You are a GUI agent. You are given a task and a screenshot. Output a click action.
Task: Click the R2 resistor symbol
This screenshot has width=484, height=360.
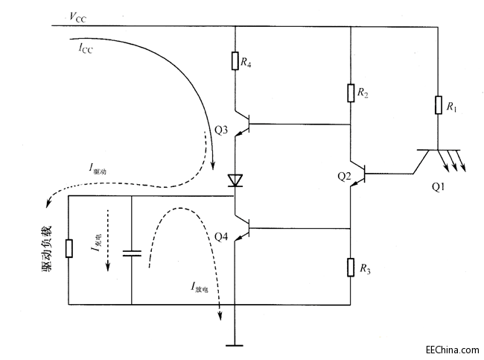(350, 92)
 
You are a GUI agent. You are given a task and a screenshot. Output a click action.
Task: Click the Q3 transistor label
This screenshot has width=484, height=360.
(221, 130)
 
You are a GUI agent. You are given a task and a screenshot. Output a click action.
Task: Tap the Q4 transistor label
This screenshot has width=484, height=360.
(221, 237)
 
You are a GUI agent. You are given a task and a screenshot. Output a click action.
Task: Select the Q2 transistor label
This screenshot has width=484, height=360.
(343, 176)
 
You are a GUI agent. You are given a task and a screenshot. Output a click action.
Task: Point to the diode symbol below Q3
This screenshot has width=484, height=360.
(235, 180)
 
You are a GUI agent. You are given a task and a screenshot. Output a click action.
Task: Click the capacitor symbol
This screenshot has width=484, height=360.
(132, 253)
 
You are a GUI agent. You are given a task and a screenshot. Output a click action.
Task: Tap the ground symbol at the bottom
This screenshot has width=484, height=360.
(235, 344)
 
